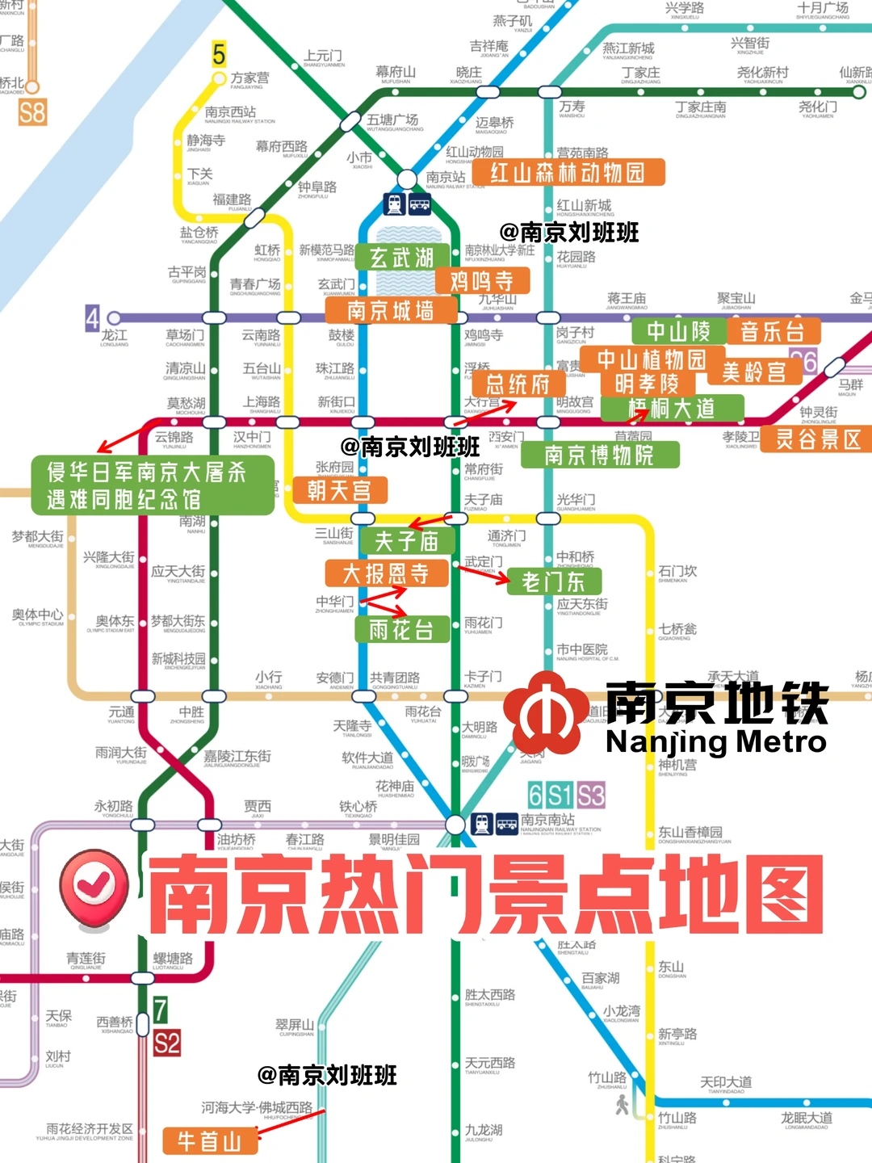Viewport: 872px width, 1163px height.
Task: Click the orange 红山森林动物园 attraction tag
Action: [x=568, y=173]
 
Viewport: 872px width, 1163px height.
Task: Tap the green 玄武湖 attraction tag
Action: [x=401, y=258]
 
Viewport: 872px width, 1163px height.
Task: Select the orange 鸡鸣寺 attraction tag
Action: [x=481, y=281]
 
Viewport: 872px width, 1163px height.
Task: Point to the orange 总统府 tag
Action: [x=517, y=384]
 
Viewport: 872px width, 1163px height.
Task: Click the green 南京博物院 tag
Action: [x=599, y=456]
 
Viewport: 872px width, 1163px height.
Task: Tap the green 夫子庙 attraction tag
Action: [x=406, y=540]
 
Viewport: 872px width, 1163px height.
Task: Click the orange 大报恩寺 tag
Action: [x=386, y=573]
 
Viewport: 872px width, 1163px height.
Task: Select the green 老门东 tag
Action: [x=553, y=581]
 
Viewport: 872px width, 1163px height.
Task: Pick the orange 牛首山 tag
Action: [x=210, y=1140]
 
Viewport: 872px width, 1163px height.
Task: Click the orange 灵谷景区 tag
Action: [x=817, y=439]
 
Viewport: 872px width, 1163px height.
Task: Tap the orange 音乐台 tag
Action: [x=773, y=331]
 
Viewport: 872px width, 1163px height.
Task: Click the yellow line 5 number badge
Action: [x=219, y=54]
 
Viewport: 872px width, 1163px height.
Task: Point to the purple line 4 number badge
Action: [x=93, y=318]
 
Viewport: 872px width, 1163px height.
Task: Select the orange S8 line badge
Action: [x=32, y=111]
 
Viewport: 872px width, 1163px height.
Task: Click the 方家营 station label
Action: [x=250, y=78]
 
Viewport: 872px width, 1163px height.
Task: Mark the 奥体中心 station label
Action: [x=38, y=615]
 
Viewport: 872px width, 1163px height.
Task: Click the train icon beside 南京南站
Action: [x=482, y=824]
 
